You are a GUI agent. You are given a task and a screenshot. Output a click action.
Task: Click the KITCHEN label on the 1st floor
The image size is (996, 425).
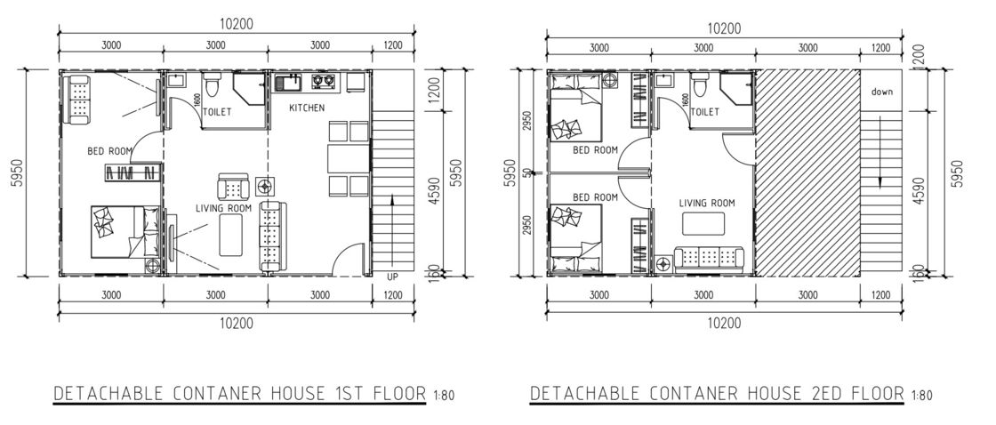tap(307, 108)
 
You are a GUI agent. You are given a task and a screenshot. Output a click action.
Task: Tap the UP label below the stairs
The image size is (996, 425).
tap(392, 277)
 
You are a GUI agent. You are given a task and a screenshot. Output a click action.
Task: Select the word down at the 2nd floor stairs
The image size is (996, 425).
tap(881, 92)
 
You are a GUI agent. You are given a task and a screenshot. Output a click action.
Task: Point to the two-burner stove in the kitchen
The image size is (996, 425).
tap(324, 84)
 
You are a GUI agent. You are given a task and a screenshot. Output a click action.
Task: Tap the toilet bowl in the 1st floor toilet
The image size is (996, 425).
tap(211, 88)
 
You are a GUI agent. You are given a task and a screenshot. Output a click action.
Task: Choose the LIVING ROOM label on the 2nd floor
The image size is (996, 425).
tap(707, 203)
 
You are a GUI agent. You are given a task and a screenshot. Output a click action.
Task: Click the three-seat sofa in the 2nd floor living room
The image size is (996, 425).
tap(709, 258)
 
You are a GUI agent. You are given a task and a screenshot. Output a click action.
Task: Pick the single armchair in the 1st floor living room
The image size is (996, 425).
tap(234, 188)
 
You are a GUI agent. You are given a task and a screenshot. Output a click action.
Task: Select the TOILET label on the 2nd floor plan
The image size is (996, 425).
tap(704, 113)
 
